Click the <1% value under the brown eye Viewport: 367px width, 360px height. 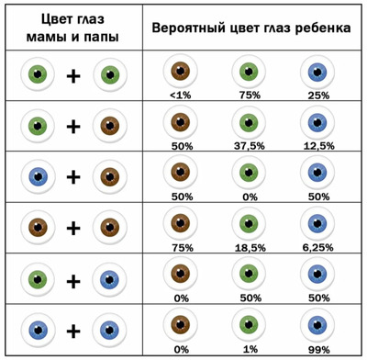(x=181, y=96)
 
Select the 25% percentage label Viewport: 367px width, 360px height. (x=318, y=96)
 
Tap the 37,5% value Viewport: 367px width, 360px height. (x=250, y=146)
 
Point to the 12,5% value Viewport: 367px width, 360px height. (x=318, y=146)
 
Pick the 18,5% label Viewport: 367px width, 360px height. (x=250, y=247)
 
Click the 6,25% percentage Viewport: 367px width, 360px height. (x=318, y=247)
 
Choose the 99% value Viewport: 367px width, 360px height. (x=319, y=349)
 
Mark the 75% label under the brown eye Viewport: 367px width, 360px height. (x=183, y=247)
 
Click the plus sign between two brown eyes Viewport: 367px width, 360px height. (x=73, y=229)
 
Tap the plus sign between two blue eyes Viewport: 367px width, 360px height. (x=73, y=331)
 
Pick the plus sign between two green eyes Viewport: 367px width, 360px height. (x=73, y=76)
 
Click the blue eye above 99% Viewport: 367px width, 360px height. (x=317, y=324)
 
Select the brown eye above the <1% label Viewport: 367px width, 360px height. (x=181, y=71)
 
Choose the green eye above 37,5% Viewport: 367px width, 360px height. (x=249, y=122)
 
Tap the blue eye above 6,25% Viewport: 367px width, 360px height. (x=317, y=223)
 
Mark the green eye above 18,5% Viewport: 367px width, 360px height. (x=249, y=223)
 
